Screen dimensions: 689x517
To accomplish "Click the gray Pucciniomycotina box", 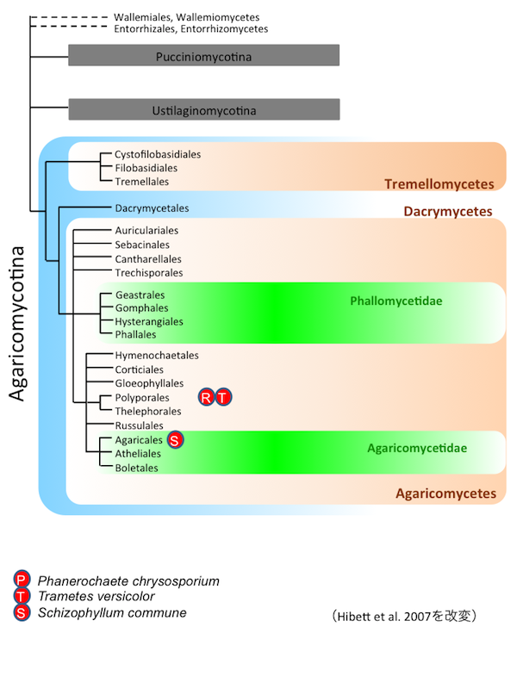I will point(204,56).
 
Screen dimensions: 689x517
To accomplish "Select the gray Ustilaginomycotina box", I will point(204,109).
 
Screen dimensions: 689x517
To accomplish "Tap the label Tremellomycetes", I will point(439,184).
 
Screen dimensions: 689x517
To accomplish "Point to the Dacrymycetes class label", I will point(448,211).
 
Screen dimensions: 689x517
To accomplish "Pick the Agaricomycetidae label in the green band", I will point(417,448).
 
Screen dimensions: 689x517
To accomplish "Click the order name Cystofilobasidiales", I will point(158,154).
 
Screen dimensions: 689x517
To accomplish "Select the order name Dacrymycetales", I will point(152,208).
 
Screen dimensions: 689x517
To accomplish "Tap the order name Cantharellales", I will point(149,259).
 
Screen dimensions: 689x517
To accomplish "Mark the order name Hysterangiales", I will point(149,321).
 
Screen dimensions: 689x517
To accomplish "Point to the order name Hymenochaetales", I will point(157,355).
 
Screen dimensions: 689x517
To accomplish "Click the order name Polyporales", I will point(142,398).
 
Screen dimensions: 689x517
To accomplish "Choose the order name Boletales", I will point(137,468).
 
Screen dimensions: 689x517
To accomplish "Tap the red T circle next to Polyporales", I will point(224,397).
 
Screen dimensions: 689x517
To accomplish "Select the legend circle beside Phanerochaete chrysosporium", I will point(22,580).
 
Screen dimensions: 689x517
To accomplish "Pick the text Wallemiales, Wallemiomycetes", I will point(186,17).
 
